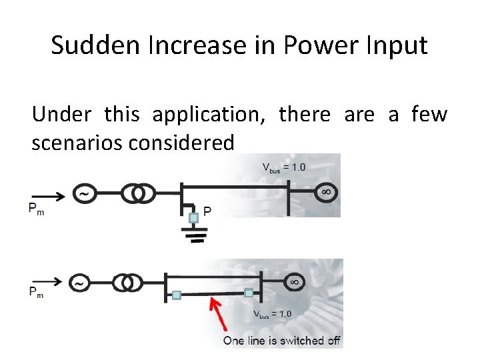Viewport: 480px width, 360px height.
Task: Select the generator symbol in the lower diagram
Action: (x=79, y=283)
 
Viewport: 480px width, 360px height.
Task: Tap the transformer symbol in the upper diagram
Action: (x=139, y=193)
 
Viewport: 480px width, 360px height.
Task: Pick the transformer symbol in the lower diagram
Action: (x=127, y=283)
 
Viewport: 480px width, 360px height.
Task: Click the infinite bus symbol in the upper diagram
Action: (x=326, y=193)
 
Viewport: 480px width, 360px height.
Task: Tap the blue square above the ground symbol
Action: (x=193, y=218)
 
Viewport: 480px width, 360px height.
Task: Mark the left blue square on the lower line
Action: (x=177, y=295)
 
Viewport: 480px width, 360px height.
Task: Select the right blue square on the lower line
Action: (x=249, y=292)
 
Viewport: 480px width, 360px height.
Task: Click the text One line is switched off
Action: (x=282, y=341)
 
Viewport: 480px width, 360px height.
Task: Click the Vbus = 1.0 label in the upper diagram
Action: (x=283, y=167)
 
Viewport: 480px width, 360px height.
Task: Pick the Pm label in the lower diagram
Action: (x=35, y=292)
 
